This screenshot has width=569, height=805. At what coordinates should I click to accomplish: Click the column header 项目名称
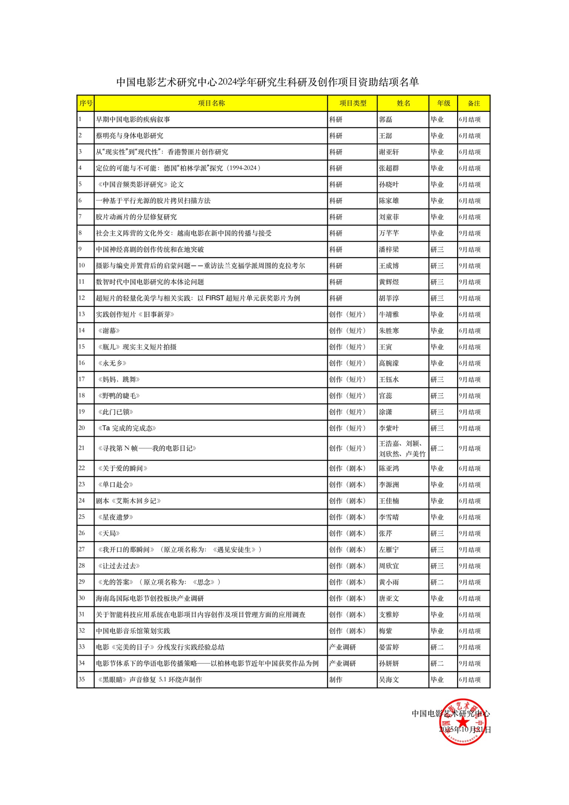[x=211, y=103]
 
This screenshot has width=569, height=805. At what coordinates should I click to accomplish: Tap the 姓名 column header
[x=403, y=103]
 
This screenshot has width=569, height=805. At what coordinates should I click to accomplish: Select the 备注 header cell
[x=474, y=103]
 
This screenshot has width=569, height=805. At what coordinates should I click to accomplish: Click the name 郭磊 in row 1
[x=386, y=120]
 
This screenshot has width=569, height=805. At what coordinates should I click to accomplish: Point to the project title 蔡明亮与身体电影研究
[x=130, y=136]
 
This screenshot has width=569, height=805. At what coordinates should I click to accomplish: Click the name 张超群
[x=389, y=168]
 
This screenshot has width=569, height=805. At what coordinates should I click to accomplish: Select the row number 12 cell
[x=82, y=298]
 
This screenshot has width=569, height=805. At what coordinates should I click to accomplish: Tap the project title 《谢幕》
[x=109, y=331]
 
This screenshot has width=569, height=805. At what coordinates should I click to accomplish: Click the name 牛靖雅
[x=389, y=314]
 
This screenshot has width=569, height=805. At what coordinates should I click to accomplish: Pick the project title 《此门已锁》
[x=116, y=412]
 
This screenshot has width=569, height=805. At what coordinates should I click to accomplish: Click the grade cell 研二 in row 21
[x=437, y=448]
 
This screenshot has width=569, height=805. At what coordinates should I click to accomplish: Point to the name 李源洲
[x=389, y=485]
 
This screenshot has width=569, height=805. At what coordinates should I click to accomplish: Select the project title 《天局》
[x=109, y=534]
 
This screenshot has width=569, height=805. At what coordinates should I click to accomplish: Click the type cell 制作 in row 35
[x=336, y=680]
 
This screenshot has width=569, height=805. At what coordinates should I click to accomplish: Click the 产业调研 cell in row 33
[x=343, y=647]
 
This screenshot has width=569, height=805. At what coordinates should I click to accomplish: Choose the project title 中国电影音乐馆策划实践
[x=133, y=631]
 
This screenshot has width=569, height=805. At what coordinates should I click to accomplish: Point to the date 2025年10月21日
[x=465, y=730]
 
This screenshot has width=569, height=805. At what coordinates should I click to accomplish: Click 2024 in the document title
[x=227, y=82]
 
